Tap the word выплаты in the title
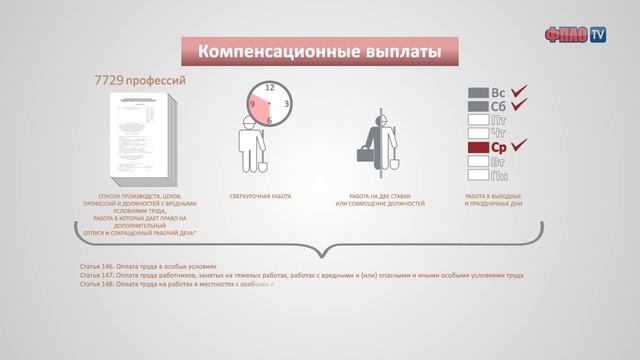click(x=386, y=51)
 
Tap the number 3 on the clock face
click(x=287, y=104)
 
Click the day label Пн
click(x=498, y=176)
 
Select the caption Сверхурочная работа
click(x=260, y=196)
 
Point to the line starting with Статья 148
click(x=176, y=284)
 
